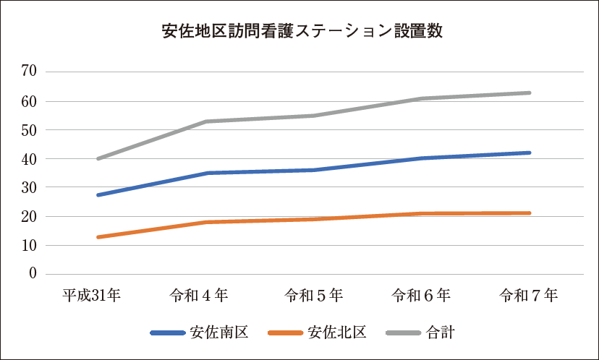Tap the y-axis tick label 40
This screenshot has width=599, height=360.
(x=29, y=158)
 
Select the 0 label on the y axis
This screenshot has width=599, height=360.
(x=33, y=274)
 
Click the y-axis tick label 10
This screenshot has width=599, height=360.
(x=29, y=245)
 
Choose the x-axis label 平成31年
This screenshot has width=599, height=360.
(x=91, y=295)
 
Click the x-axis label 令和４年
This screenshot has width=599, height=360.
(x=199, y=295)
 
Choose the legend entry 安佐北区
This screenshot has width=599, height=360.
(x=338, y=333)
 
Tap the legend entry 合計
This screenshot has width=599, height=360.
(x=441, y=333)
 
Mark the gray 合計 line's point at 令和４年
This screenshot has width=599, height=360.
(x=205, y=121)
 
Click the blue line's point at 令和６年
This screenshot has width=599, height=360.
(x=422, y=158)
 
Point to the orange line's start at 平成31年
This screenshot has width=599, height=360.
(x=98, y=237)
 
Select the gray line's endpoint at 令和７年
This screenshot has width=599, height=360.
(x=530, y=93)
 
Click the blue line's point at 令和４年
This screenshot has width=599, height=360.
(x=205, y=173)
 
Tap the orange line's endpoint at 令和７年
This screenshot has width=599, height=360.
(x=530, y=213)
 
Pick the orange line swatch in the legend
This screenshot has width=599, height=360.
(x=285, y=333)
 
